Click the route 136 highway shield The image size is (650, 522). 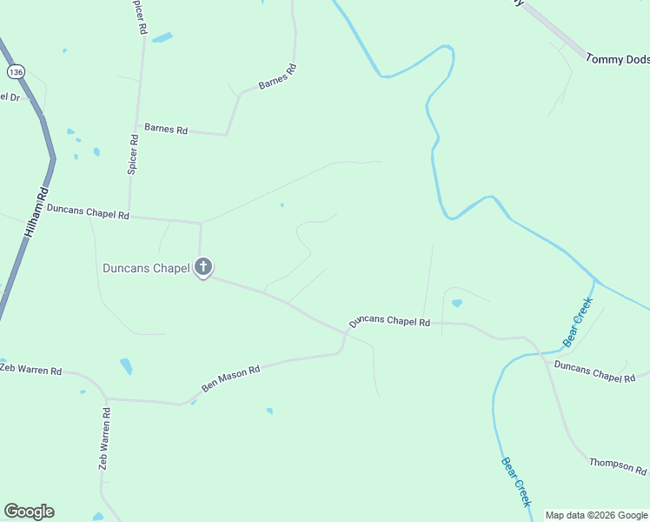[14, 70]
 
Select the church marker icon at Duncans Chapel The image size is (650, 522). [203, 266]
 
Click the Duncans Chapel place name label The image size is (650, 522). [146, 268]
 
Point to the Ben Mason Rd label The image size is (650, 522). [231, 376]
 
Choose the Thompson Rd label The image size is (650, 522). [617, 465]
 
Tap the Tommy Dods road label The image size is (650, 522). [617, 58]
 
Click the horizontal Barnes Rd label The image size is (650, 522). [166, 129]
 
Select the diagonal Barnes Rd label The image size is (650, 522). [278, 76]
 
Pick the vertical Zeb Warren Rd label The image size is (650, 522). [104, 438]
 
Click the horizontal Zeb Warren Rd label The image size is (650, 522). [30, 370]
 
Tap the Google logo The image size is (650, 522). [29, 512]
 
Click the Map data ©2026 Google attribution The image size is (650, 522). [596, 515]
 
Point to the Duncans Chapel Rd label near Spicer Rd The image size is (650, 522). [88, 211]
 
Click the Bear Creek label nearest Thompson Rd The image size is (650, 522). [516, 482]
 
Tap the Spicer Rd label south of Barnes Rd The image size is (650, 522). [133, 154]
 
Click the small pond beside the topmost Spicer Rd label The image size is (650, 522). [162, 37]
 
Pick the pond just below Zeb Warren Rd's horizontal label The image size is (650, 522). [126, 366]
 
